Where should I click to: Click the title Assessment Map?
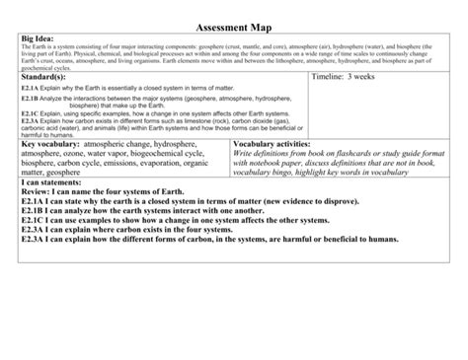(x=233, y=26)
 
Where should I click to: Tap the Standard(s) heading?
(x=48, y=75)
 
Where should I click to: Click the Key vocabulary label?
(x=50, y=144)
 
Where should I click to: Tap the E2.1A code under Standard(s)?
(x=30, y=89)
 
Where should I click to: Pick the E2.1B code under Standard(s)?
(x=30, y=99)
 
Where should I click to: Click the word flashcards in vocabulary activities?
(x=341, y=154)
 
